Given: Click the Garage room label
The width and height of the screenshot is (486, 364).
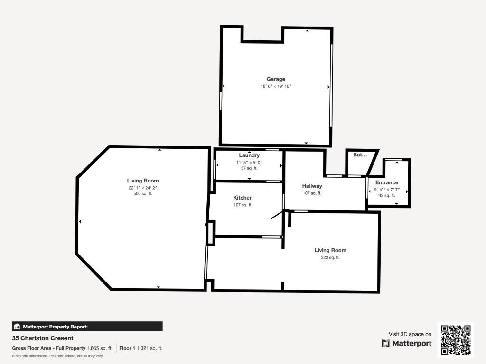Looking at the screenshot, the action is click(x=276, y=79).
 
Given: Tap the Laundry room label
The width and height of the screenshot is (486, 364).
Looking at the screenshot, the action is click(x=249, y=155).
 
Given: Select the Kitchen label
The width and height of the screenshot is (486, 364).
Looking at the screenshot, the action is click(x=243, y=198).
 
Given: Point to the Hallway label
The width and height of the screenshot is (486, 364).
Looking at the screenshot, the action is click(x=312, y=186).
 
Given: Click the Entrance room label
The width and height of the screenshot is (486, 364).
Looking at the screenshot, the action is click(x=387, y=182).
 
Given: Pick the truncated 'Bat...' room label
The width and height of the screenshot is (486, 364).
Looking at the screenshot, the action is click(x=360, y=155).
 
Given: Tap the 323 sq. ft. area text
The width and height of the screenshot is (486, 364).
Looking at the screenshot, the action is click(x=330, y=257).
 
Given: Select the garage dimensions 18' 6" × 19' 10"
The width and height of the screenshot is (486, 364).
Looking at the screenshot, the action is click(x=276, y=86).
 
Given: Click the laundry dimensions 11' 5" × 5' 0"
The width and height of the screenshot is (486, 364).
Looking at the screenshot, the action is click(x=249, y=163).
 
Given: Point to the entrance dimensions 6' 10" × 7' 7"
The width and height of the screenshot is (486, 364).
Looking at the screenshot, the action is click(x=387, y=190).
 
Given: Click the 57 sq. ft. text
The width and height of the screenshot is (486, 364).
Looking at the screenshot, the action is click(x=249, y=168).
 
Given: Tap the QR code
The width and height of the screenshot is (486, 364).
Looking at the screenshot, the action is click(x=456, y=339).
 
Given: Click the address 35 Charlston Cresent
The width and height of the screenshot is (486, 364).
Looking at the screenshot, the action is click(x=43, y=338).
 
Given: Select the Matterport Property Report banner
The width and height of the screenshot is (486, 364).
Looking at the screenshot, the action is click(x=87, y=327).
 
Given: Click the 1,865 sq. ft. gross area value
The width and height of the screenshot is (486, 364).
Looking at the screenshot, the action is click(x=100, y=348).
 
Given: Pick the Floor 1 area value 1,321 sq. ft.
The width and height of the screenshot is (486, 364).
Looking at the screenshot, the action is click(x=150, y=348).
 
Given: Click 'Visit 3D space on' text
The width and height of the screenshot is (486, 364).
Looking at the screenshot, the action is click(x=410, y=334).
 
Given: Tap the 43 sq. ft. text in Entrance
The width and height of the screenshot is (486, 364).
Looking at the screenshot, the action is click(x=387, y=196).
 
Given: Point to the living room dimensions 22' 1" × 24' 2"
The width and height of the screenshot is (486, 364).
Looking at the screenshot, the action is click(x=143, y=188).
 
